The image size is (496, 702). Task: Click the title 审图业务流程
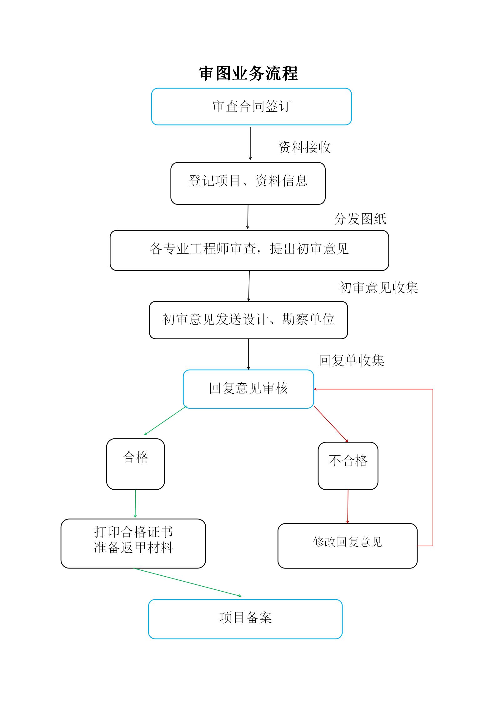click(x=248, y=73)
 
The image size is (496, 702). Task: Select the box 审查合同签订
click(x=252, y=107)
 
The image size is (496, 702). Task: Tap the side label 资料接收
click(x=304, y=147)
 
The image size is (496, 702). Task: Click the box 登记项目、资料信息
click(x=248, y=183)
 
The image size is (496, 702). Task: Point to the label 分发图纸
click(x=360, y=219)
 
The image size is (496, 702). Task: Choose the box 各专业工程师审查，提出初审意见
click(x=249, y=250)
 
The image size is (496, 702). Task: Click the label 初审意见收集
click(x=378, y=287)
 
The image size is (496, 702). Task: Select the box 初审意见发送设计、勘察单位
click(x=248, y=320)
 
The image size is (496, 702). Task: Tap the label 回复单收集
click(x=351, y=360)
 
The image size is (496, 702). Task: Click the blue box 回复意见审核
click(x=248, y=389)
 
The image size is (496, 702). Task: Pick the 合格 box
click(x=135, y=464)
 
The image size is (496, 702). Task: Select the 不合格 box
click(x=348, y=466)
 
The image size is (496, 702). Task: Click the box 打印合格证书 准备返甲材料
click(x=133, y=543)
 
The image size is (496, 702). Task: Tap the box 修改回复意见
click(x=348, y=546)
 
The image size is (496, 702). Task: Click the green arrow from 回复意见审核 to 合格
click(x=165, y=421)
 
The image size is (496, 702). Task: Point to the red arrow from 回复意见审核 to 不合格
click(x=331, y=424)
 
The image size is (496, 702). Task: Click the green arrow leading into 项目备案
click(x=188, y=582)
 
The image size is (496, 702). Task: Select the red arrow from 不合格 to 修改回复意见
click(x=348, y=506)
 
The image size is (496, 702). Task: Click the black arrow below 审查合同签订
click(x=250, y=144)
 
